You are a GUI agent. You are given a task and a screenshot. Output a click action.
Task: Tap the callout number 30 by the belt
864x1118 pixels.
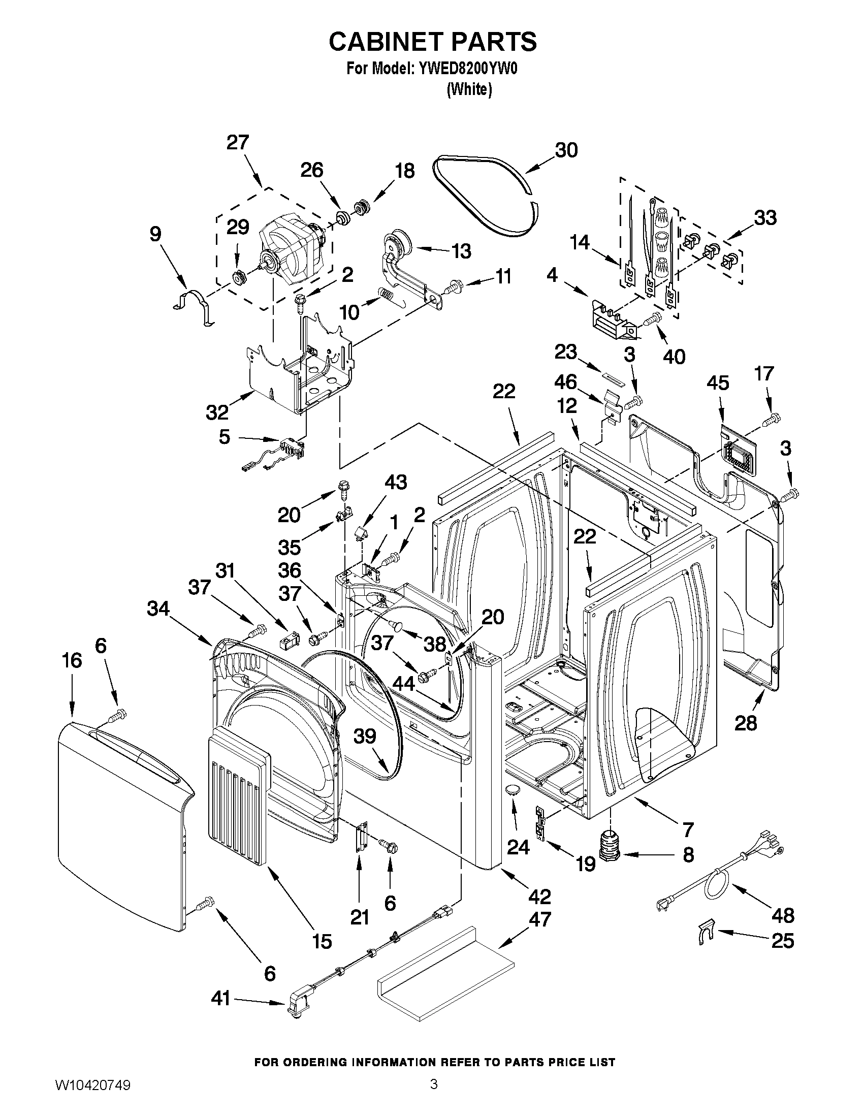566,150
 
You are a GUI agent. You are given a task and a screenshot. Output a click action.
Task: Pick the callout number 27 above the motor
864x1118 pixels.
238,142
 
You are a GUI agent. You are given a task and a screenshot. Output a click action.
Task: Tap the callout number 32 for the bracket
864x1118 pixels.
217,412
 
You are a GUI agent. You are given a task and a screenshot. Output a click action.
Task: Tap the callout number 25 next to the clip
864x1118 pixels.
782,941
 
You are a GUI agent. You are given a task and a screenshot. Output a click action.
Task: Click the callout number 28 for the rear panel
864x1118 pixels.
745,723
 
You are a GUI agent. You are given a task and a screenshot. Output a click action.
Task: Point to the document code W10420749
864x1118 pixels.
92,1100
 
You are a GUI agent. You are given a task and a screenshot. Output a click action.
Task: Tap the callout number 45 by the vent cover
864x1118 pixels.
717,383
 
